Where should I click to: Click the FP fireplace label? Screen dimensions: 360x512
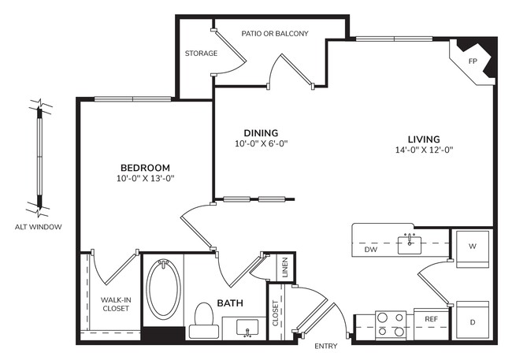pos(473,61)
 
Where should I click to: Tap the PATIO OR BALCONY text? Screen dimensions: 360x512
pos(274,34)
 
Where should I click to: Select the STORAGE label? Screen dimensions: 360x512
pos(201,54)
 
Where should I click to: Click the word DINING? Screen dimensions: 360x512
pos(261,132)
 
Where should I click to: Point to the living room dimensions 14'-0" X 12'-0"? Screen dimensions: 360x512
pos(425,150)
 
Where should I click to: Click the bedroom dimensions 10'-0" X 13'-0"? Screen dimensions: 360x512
pos(145,179)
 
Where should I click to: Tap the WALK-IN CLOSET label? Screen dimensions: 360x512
pos(115,304)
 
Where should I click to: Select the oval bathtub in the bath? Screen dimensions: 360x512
pos(163,288)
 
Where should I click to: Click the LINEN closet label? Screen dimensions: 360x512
pos(284,268)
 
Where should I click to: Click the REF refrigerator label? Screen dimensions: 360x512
pos(431,319)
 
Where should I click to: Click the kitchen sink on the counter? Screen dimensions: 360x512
pos(410,243)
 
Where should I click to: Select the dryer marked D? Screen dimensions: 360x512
pos(473,322)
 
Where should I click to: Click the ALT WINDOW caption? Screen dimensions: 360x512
pos(38,227)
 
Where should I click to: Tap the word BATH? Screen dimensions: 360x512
pos(229,302)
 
